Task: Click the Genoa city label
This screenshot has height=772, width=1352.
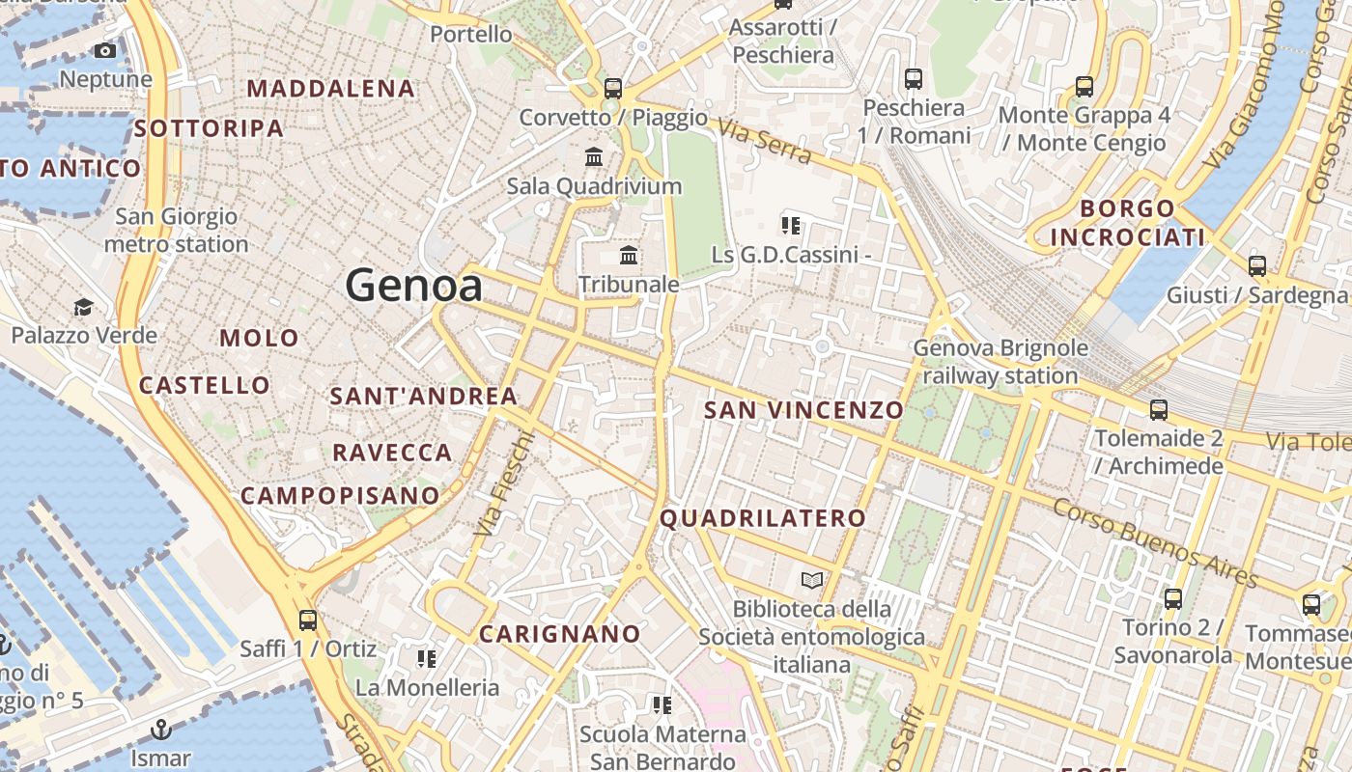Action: (413, 286)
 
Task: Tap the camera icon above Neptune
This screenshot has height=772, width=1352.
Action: (105, 50)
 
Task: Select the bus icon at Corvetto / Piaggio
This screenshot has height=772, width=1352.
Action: (612, 89)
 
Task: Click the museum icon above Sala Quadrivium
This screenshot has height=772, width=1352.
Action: (594, 156)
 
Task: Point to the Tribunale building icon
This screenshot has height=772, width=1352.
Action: (629, 256)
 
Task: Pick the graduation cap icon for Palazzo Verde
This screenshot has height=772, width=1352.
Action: (83, 308)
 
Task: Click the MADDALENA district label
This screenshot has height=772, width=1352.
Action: (330, 89)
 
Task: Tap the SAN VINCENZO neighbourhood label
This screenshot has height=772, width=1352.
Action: (803, 410)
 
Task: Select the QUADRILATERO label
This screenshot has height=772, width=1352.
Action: (763, 518)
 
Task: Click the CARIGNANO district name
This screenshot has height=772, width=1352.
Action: (560, 634)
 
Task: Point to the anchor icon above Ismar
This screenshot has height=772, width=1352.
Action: (161, 730)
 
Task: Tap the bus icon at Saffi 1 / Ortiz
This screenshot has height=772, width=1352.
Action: (308, 620)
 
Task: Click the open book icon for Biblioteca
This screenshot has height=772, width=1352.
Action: (812, 580)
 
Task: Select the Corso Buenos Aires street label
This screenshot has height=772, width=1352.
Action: (1155, 543)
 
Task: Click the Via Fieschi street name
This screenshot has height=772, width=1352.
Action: (504, 482)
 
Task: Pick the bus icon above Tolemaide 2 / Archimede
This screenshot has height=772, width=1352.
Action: (1159, 410)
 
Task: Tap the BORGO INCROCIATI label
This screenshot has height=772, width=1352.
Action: (1128, 223)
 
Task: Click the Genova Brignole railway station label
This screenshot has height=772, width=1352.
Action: (1000, 362)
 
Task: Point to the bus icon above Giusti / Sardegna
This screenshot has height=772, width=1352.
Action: (1256, 266)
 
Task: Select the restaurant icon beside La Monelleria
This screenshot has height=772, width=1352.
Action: (426, 659)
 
